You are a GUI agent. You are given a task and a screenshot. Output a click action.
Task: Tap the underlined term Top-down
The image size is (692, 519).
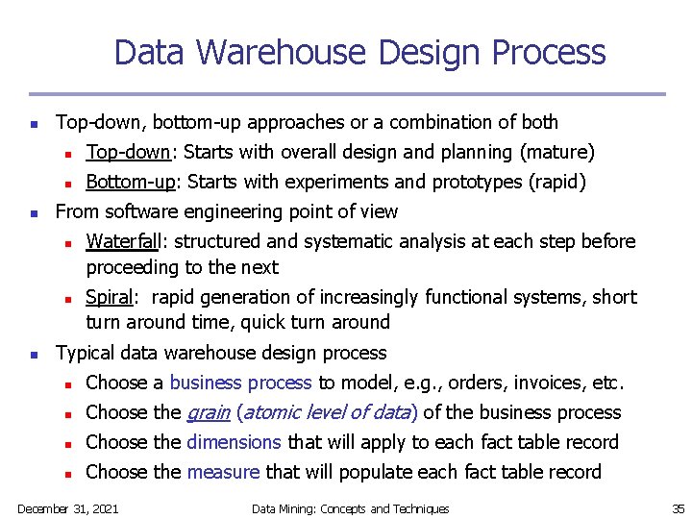pyautogui.click(x=128, y=152)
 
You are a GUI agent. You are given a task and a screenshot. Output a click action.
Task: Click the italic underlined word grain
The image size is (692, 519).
pyautogui.click(x=209, y=413)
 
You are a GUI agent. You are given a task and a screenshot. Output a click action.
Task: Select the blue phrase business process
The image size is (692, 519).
pyautogui.click(x=240, y=383)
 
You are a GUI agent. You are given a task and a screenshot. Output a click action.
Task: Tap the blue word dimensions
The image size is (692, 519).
pyautogui.click(x=234, y=442)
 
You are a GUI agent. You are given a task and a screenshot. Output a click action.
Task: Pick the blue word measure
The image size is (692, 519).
pyautogui.click(x=223, y=472)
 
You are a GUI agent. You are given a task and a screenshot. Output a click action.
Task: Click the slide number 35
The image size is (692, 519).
pyautogui.click(x=677, y=508)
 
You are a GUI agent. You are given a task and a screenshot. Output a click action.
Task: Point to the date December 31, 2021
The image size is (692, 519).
pyautogui.click(x=67, y=508)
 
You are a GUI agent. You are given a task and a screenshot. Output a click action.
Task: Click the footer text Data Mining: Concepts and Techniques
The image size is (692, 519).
pyautogui.click(x=350, y=508)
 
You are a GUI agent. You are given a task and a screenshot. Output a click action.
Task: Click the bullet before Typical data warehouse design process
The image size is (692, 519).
pyautogui.click(x=33, y=355)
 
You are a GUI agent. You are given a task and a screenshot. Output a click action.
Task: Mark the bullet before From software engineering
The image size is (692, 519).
pyautogui.click(x=33, y=212)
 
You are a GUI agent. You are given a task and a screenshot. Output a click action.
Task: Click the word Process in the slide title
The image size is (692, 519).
pyautogui.click(x=551, y=52)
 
